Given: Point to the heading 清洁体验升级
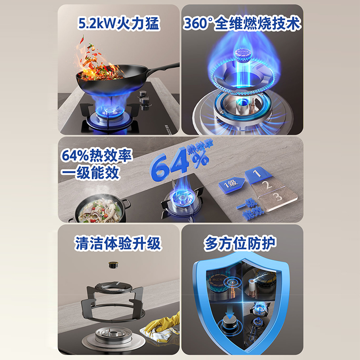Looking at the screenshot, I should pyautogui.click(x=117, y=243).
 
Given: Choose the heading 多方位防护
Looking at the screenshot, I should pyautogui.click(x=242, y=243).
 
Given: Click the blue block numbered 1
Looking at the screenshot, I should pyautogui.click(x=256, y=175).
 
